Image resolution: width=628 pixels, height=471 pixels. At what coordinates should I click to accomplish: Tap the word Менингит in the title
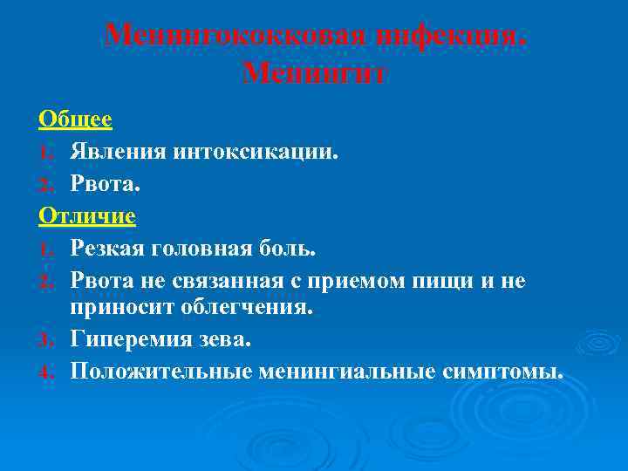(x=315, y=74)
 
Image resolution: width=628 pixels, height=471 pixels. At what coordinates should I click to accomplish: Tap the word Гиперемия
(x=125, y=338)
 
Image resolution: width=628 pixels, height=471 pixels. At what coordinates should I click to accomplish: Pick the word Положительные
(x=160, y=371)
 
